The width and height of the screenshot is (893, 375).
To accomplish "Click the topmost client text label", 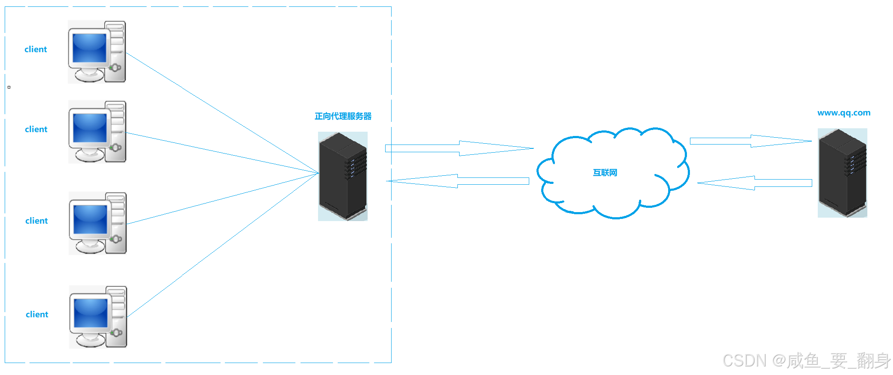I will (x=35, y=49).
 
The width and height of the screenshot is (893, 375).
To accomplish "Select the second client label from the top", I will (x=36, y=129).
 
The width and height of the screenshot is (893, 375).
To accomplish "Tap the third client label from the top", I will (x=36, y=221).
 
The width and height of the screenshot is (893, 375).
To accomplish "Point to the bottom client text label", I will (x=37, y=314).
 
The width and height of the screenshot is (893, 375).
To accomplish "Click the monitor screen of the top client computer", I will (x=89, y=48).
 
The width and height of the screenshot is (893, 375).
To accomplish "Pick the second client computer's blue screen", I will (x=90, y=128).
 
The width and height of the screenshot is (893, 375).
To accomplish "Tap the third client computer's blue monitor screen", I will (x=90, y=219).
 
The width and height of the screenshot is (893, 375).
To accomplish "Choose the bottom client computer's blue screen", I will (x=91, y=313).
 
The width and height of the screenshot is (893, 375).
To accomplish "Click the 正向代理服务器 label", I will (x=343, y=116).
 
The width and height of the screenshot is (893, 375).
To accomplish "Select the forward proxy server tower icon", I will (x=343, y=176).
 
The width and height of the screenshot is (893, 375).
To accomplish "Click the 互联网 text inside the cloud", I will (x=605, y=173).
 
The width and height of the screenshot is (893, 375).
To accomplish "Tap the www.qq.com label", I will (x=843, y=113).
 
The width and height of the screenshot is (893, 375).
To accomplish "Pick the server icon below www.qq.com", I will (x=842, y=173).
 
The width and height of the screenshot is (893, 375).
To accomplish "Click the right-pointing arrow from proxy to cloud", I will (x=460, y=148).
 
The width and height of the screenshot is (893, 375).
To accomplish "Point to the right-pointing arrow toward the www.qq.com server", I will (x=751, y=141).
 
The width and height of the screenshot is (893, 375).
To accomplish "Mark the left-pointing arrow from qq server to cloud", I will (x=755, y=183).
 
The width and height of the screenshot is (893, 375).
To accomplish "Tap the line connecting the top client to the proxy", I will (x=222, y=113).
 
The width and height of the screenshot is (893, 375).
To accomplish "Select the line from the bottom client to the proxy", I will (x=222, y=245).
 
